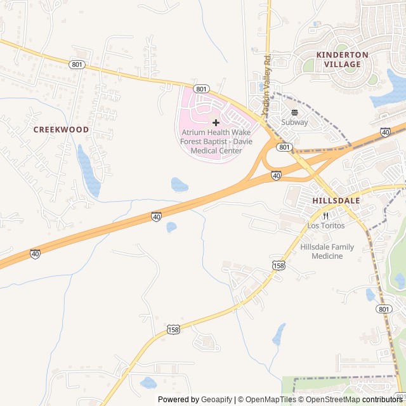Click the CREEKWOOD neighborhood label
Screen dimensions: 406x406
(x=61, y=129)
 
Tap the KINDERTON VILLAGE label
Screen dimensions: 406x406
(x=342, y=60)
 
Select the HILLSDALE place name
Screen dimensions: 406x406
(x=336, y=200)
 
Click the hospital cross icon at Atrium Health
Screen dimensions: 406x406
(x=216, y=122)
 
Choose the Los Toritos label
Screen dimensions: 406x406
(x=326, y=226)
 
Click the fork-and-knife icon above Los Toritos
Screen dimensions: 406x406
(x=326, y=216)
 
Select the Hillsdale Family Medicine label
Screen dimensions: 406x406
(x=327, y=251)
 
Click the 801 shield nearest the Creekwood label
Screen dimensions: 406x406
(x=77, y=64)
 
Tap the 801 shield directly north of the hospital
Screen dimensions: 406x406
(x=201, y=89)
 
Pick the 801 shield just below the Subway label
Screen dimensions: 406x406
(x=284, y=147)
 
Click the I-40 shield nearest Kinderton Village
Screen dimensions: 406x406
(x=385, y=132)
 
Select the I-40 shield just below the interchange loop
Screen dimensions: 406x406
(x=276, y=175)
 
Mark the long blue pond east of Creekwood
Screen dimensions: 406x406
(x=89, y=170)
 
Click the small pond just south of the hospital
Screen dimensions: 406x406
(x=180, y=185)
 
